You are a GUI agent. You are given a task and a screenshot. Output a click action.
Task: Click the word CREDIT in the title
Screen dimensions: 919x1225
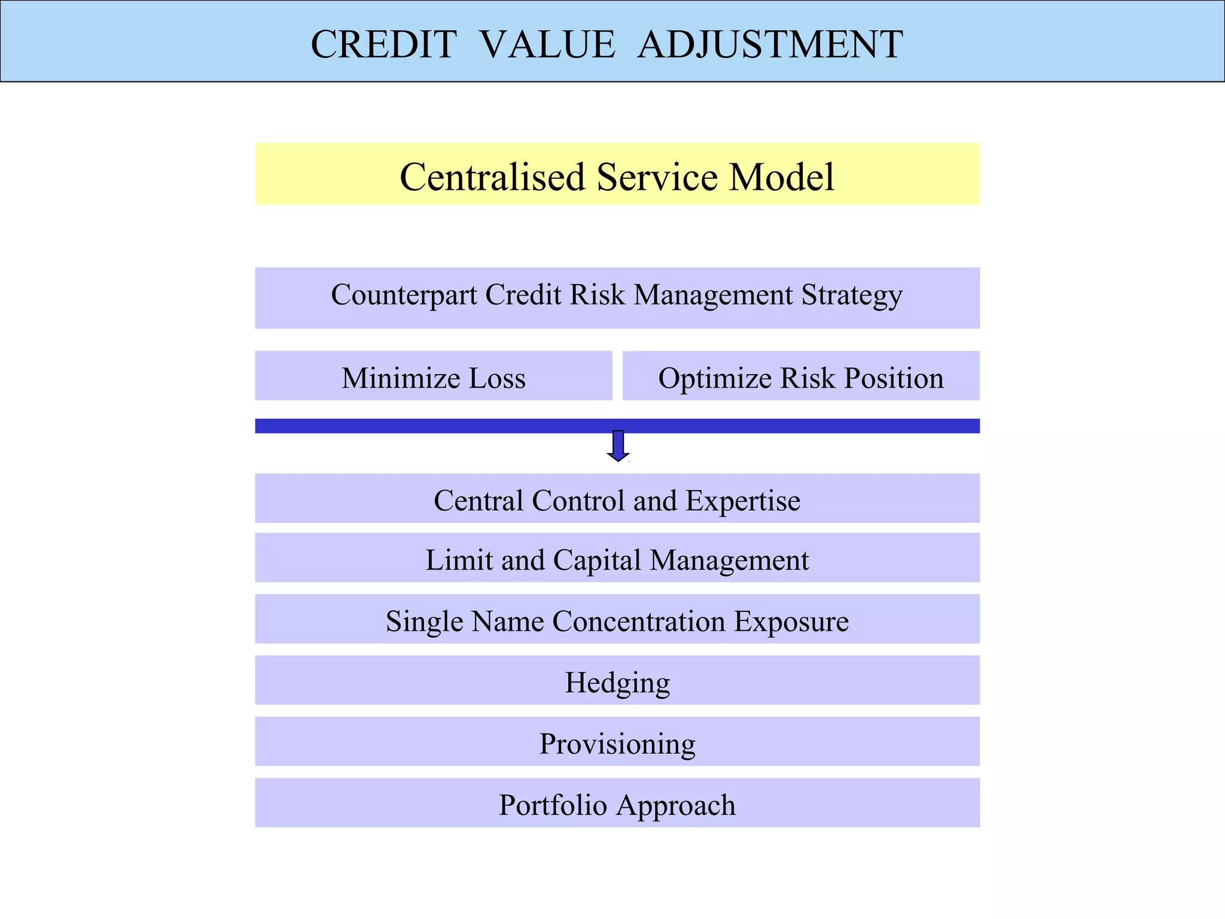point(383,44)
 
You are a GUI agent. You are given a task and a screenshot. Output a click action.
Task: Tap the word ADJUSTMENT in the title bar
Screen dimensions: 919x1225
point(770,44)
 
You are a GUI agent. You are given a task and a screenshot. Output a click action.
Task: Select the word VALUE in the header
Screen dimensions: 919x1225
point(547,44)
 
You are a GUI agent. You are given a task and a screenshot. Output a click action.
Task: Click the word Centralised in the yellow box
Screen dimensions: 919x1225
point(492,177)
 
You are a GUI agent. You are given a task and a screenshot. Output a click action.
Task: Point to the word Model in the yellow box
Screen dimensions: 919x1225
point(781,177)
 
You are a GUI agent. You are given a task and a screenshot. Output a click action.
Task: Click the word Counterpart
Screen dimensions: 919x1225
point(404,295)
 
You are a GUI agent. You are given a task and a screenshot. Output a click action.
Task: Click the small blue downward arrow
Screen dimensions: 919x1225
point(618,446)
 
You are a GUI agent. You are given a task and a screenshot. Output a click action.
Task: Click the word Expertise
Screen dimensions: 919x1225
point(742,500)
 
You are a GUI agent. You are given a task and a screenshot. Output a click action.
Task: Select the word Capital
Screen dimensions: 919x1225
point(598,560)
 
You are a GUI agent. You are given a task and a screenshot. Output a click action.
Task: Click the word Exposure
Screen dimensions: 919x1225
point(791,621)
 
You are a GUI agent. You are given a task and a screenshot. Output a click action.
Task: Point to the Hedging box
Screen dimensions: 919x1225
point(617,681)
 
